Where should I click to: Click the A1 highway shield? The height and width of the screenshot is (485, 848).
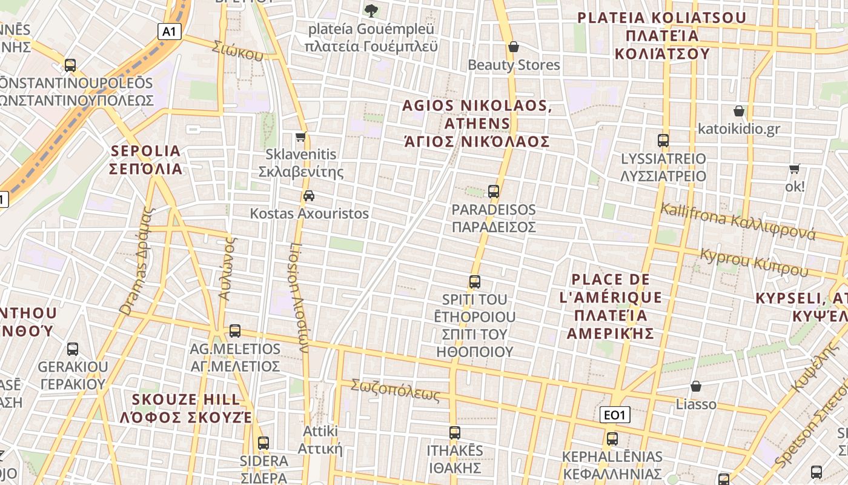coord(170,32)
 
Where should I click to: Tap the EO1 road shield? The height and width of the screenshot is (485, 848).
coord(615,415)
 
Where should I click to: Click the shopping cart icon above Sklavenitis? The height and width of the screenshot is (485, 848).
coord(300,137)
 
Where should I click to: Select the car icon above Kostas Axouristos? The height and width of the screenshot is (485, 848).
coord(309,195)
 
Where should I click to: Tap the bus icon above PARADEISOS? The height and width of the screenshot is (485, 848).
coord(494,192)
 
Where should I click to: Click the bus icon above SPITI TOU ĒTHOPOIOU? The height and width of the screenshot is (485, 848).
coord(475,281)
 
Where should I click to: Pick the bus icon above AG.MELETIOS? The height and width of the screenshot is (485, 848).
coord(235,331)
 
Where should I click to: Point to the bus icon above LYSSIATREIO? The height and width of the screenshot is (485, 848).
coord(663,141)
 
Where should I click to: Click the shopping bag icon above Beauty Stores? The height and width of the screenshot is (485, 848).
coord(514,47)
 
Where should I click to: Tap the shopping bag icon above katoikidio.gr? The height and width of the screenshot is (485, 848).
coord(738,111)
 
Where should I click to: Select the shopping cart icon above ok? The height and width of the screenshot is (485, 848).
coord(795,169)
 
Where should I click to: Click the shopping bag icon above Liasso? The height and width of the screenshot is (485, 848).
coord(696,386)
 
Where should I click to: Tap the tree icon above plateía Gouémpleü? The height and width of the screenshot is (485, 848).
coord(371,10)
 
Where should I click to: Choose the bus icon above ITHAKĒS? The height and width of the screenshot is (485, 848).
coord(455,433)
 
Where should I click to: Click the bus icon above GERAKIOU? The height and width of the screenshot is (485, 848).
coord(73,349)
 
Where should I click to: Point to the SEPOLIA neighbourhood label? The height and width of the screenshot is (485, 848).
coord(146,159)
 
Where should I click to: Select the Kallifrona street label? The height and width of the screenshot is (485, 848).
coord(738,222)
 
